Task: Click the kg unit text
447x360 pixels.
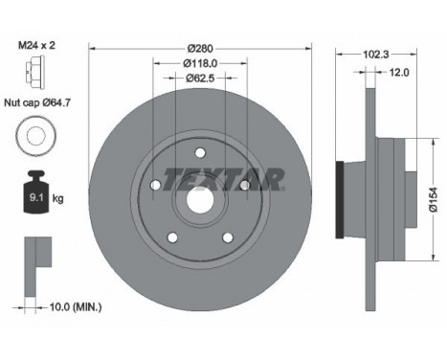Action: (58, 199)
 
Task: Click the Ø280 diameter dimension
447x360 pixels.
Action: (199, 47)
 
